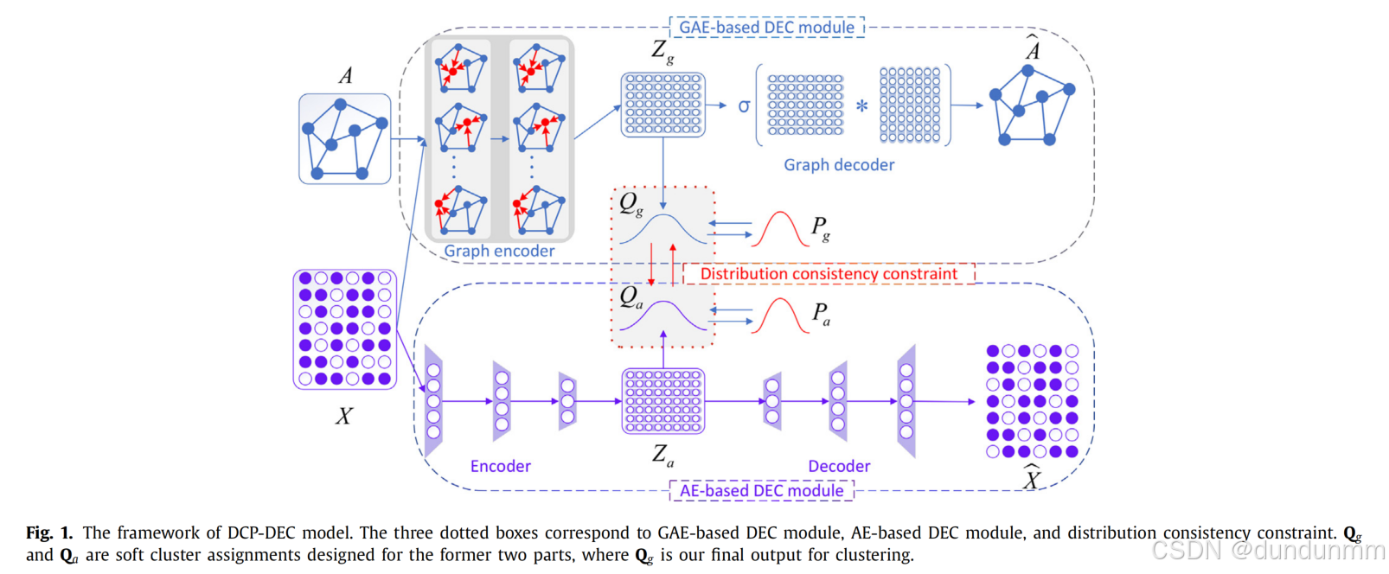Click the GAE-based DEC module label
click(766, 27)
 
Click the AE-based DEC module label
click(761, 490)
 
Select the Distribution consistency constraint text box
click(829, 274)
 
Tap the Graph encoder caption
click(499, 251)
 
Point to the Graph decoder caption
click(839, 164)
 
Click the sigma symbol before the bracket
click(744, 106)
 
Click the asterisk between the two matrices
click(861, 106)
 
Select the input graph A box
click(345, 139)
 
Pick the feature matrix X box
click(345, 328)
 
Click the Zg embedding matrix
click(663, 105)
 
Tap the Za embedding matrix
click(663, 401)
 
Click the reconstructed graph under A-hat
click(1032, 106)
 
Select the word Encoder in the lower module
click(500, 466)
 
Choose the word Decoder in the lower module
click(839, 466)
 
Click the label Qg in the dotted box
click(630, 204)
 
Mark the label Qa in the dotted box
click(630, 297)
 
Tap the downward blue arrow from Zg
click(663, 173)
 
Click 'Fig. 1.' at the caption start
click(48, 533)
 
